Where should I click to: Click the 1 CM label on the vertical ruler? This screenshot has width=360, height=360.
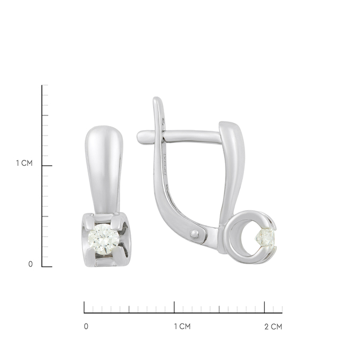tap(24, 163)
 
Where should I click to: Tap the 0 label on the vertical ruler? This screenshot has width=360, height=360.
tap(31, 264)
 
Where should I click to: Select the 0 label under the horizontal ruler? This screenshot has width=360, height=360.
tap(86, 326)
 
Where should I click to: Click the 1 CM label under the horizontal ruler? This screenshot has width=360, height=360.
tap(182, 326)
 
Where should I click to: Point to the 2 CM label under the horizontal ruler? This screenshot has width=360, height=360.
tap(273, 326)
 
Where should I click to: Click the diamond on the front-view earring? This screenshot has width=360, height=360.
tap(104, 239)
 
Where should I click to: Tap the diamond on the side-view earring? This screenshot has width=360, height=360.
tap(266, 238)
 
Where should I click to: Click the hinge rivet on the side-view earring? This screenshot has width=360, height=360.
tap(194, 234)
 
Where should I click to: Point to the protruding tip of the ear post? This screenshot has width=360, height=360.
tap(140, 137)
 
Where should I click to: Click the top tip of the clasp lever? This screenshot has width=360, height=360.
tap(157, 98)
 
